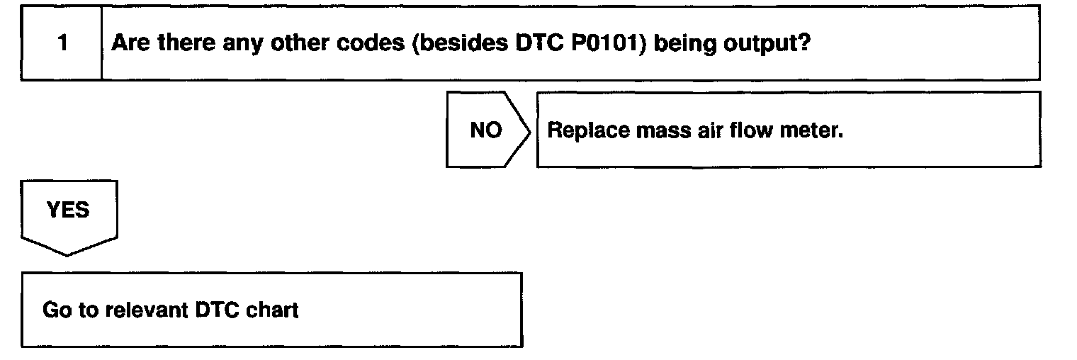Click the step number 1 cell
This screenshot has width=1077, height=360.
click(62, 43)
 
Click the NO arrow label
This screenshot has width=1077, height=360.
click(485, 130)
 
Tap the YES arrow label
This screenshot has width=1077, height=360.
click(68, 210)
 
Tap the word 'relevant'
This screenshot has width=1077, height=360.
click(147, 310)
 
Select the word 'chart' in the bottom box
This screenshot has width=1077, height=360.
click(272, 310)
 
